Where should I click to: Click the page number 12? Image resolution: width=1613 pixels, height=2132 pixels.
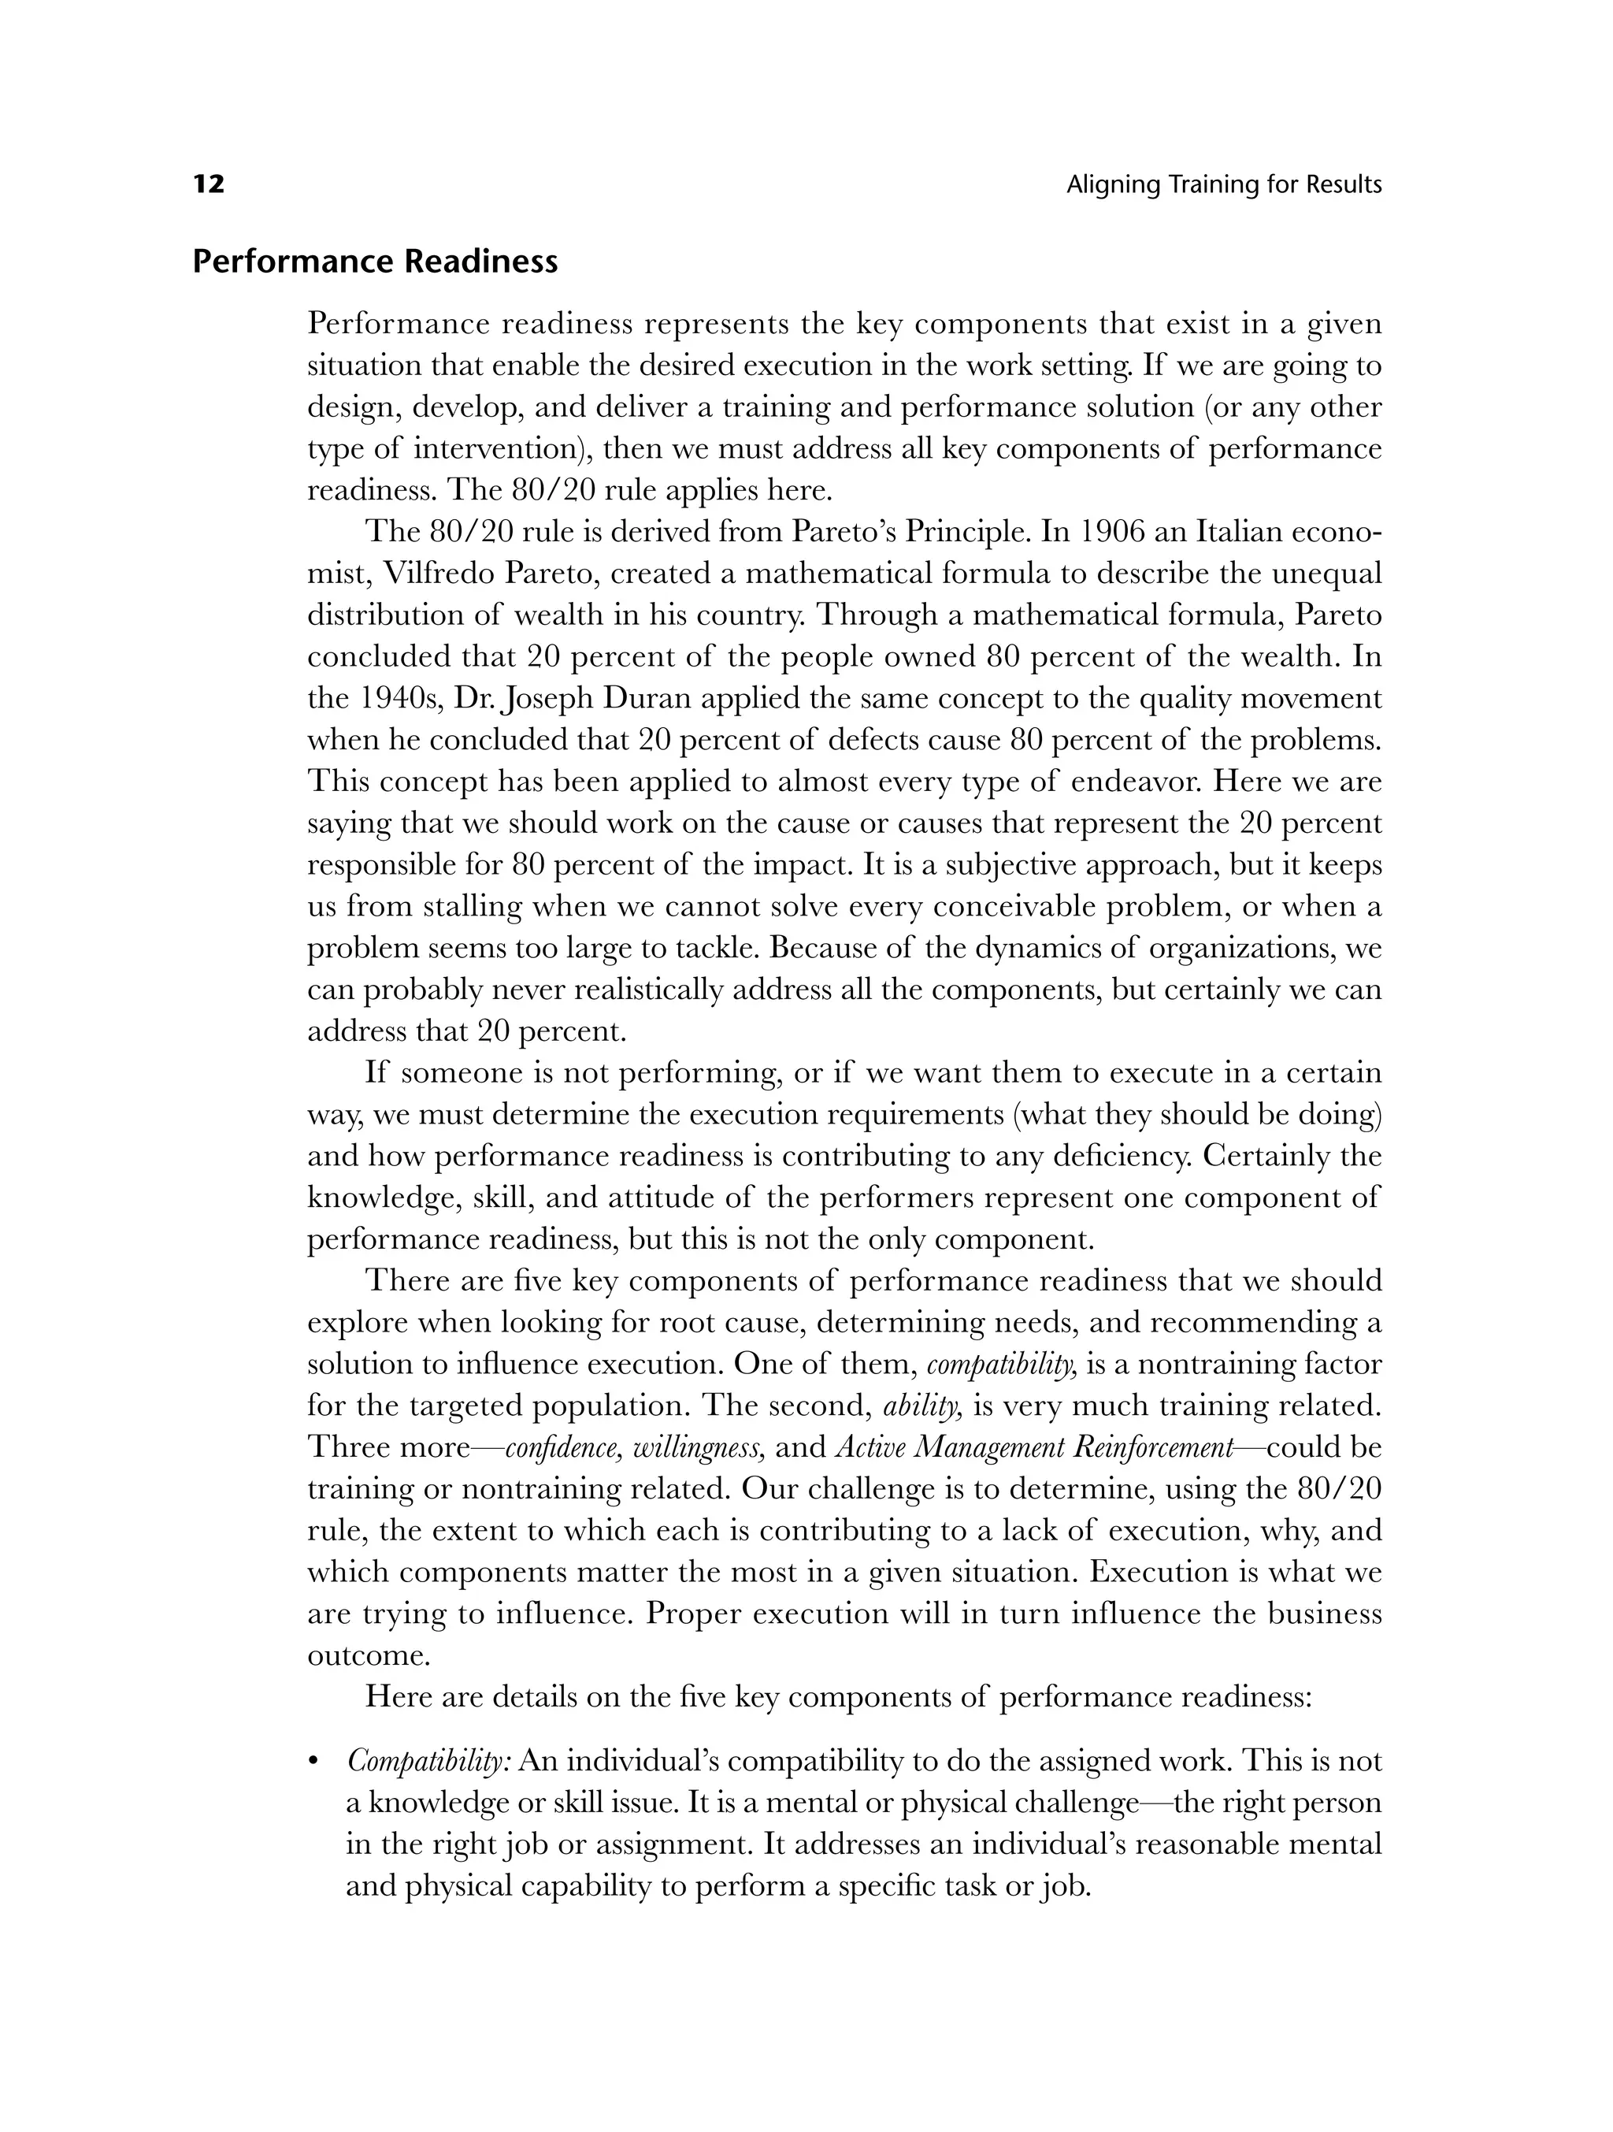point(209,184)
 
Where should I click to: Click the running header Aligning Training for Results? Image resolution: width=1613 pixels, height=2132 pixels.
point(1224,185)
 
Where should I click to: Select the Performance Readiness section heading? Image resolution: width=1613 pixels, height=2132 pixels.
point(375,262)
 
